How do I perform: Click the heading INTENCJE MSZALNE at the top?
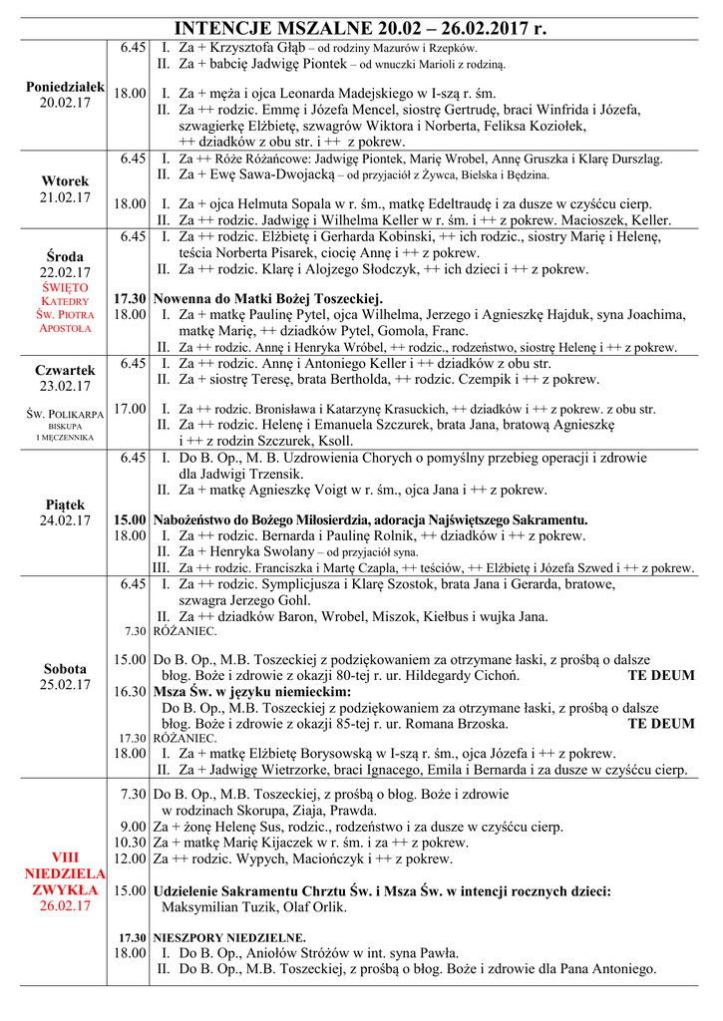click(289, 27)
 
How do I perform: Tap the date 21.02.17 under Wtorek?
click(65, 197)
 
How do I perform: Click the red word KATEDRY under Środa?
click(65, 300)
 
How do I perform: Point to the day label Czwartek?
click(65, 370)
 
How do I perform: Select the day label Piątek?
click(65, 505)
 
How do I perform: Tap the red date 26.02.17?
click(65, 906)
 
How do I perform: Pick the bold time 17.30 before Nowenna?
click(130, 298)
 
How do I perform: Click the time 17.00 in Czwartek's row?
click(130, 408)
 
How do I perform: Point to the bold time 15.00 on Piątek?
click(130, 519)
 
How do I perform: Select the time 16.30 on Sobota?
click(130, 690)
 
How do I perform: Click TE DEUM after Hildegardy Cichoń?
click(661, 675)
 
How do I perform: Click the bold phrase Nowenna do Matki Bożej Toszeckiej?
click(268, 298)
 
